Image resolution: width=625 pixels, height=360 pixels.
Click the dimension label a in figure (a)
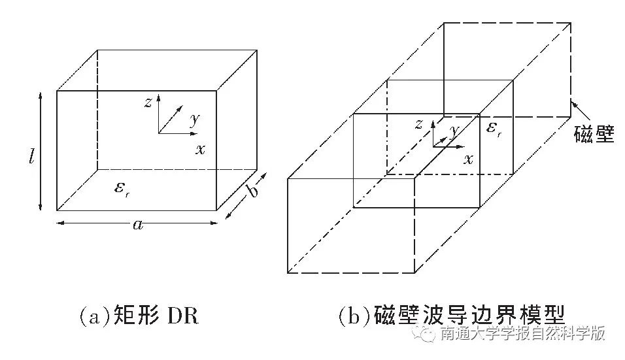(x=137, y=225)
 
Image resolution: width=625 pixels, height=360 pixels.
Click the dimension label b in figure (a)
(x=253, y=191)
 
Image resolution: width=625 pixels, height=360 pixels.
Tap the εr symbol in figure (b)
(x=494, y=129)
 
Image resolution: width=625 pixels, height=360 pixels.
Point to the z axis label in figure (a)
(x=148, y=102)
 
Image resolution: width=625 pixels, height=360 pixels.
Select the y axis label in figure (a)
(x=194, y=119)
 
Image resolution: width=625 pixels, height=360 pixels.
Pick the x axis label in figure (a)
(x=199, y=149)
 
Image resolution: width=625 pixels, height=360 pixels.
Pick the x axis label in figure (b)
(x=468, y=159)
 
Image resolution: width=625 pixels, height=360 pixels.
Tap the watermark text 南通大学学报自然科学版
(x=522, y=335)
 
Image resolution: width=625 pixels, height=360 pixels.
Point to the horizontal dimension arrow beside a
(x=92, y=223)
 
